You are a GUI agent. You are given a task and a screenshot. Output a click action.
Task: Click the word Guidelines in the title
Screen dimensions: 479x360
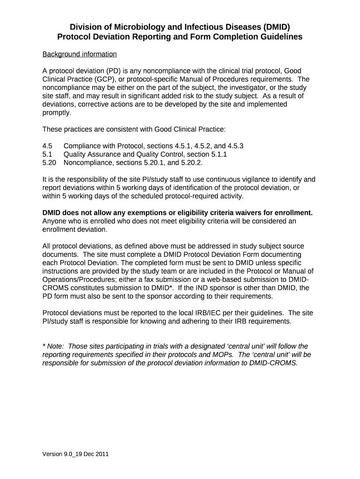click(279, 36)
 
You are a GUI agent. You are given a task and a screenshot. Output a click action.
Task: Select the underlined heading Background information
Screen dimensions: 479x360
click(79, 54)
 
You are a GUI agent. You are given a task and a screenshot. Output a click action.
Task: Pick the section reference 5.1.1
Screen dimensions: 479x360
click(219, 154)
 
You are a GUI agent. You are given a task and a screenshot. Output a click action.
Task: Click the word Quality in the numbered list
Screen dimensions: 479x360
click(75, 154)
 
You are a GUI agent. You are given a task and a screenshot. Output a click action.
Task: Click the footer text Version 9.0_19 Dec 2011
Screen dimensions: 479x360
click(76, 454)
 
